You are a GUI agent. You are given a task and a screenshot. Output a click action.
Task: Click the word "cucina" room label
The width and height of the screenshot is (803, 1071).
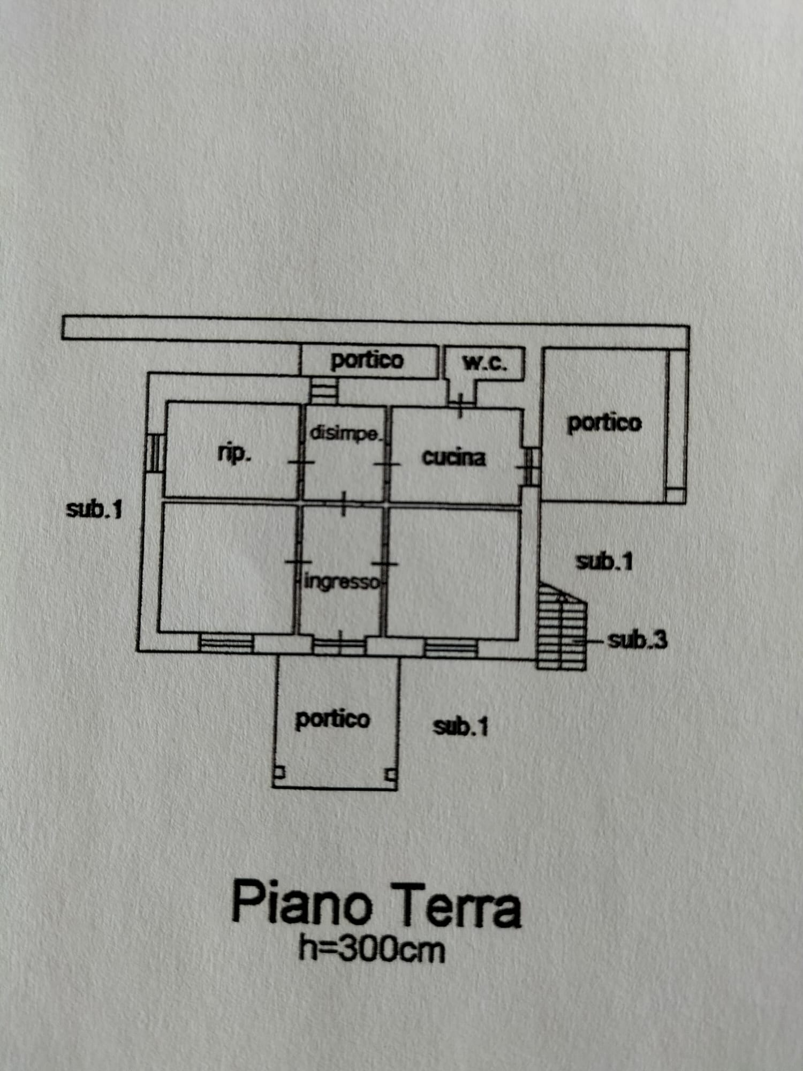tap(454, 457)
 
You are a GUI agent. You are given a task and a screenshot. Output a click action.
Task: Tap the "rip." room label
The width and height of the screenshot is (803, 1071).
tap(234, 454)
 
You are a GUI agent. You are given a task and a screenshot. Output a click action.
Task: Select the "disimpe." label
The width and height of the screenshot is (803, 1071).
tap(345, 433)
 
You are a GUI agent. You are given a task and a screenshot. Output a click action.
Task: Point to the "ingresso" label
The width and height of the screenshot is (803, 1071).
tap(342, 582)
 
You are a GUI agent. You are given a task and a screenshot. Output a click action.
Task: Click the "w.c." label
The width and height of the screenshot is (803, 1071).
tap(484, 363)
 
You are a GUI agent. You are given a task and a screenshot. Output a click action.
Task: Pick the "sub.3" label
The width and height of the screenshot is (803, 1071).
tap(638, 640)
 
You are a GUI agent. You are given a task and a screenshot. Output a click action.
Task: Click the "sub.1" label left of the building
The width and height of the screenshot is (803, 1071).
tap(94, 509)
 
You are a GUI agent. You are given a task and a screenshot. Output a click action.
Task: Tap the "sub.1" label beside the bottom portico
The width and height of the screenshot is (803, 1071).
tap(460, 727)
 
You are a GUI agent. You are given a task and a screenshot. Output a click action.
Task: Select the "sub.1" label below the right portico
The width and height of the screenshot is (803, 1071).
tap(604, 561)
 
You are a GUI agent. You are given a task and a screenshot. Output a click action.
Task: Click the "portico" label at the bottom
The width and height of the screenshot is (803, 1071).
tap(332, 719)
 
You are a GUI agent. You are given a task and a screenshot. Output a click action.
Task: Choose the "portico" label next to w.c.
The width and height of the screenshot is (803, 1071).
tap(367, 360)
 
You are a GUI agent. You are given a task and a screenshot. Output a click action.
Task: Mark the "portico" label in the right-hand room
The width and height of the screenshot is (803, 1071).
tap(604, 423)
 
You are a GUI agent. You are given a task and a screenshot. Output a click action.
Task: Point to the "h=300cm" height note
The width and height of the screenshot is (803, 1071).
tap(372, 949)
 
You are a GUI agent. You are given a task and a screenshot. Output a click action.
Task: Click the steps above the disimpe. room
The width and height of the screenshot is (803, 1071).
tap(323, 391)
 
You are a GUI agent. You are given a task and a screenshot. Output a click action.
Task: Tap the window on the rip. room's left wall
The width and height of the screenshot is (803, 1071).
tap(155, 453)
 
